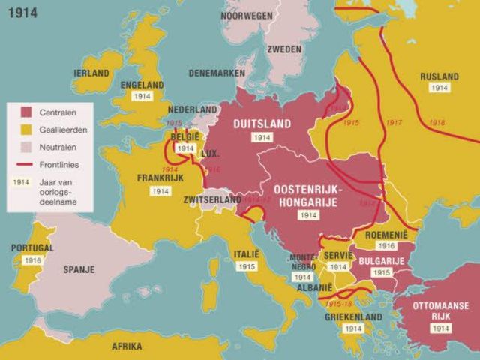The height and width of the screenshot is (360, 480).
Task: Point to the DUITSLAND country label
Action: (x=262, y=123)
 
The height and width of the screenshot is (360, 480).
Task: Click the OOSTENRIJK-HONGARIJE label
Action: (x=307, y=195)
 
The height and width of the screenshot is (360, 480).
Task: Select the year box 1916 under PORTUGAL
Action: (x=32, y=260)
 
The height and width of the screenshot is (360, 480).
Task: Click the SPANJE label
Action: (x=79, y=269)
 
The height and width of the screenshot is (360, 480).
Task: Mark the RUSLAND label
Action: (x=439, y=76)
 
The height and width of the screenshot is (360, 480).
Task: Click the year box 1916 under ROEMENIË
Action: (x=386, y=245)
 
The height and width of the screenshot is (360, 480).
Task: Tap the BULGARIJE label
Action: (x=382, y=260)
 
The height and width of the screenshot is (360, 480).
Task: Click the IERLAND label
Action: (x=91, y=73)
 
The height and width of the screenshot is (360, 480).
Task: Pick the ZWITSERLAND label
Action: (x=212, y=199)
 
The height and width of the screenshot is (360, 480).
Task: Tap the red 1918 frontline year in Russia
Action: (x=436, y=123)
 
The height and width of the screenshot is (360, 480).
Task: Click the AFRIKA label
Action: (x=127, y=346)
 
